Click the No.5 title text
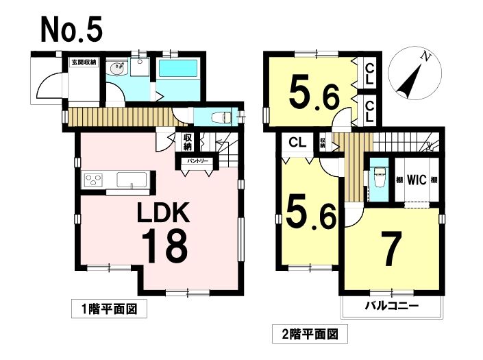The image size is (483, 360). (x=71, y=29)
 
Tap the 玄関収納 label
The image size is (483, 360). (x=84, y=62)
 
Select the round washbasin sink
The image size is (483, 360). (x=117, y=69)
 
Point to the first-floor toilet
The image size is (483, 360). (x=222, y=117)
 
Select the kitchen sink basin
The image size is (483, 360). (x=132, y=180)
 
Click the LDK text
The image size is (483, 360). (x=163, y=213)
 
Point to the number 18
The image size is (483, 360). (x=164, y=246)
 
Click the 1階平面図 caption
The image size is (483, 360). (x=110, y=309)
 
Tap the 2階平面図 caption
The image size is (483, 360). (x=310, y=334)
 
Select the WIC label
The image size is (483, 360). (x=417, y=180)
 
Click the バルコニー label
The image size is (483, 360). (x=392, y=306)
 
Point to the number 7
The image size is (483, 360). (x=391, y=249)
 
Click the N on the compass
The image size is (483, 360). (x=426, y=56)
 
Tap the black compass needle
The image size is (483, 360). (x=408, y=81)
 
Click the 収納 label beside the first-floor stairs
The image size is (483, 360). (x=187, y=141)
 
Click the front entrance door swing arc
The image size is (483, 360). (x=43, y=82)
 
